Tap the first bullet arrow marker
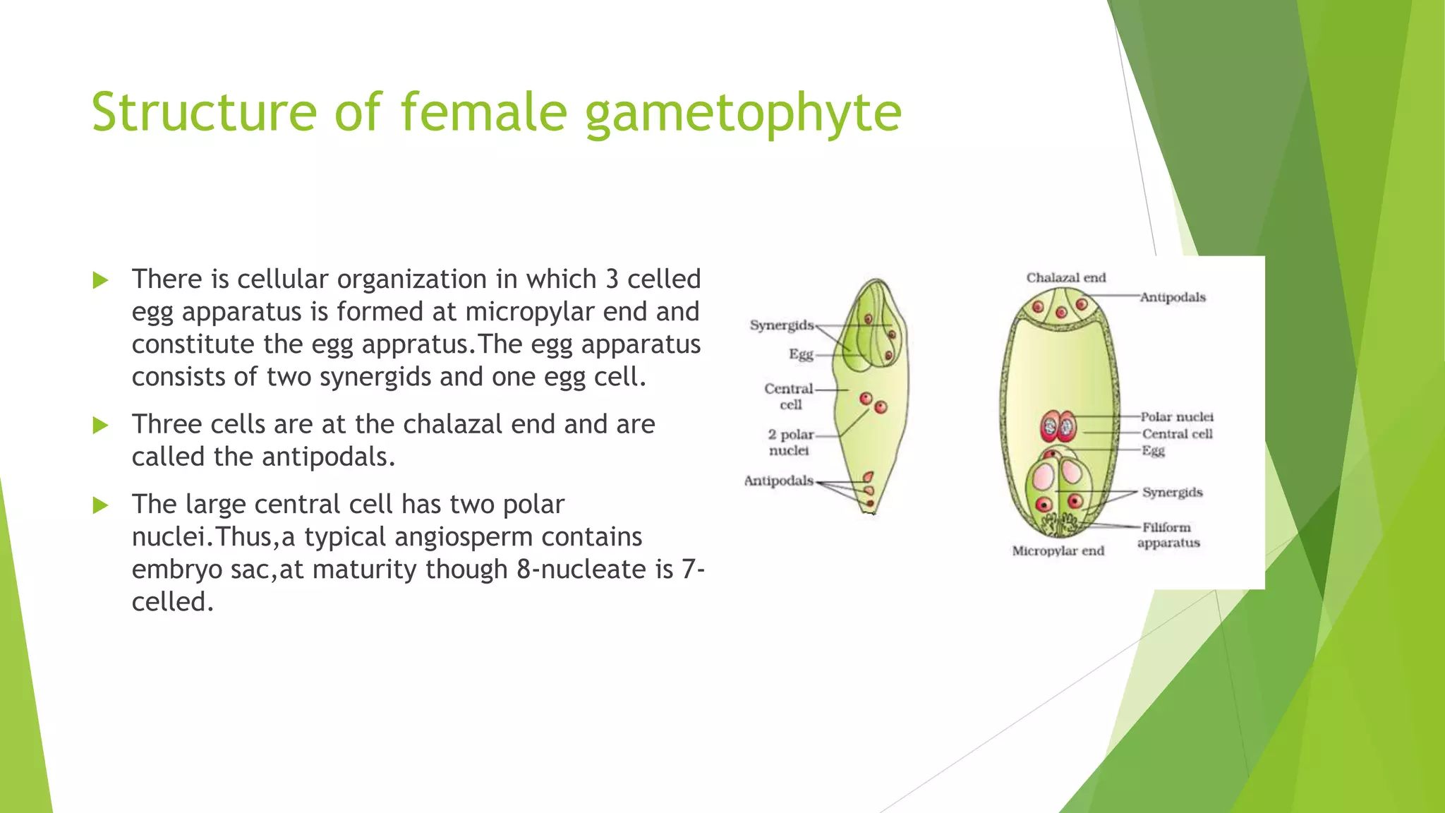pyautogui.click(x=100, y=280)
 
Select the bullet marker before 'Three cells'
pyautogui.click(x=100, y=426)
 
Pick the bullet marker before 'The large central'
pyautogui.click(x=100, y=505)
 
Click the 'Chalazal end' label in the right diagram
pyautogui.click(x=1065, y=277)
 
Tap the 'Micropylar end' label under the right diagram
pyautogui.click(x=1058, y=550)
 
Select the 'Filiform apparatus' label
pyautogui.click(x=1168, y=535)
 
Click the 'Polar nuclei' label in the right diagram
pyautogui.click(x=1177, y=417)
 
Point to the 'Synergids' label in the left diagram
pyautogui.click(x=781, y=325)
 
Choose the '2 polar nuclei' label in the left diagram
pyautogui.click(x=790, y=442)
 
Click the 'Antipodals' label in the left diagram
pyautogui.click(x=778, y=481)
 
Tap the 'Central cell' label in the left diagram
pyautogui.click(x=789, y=396)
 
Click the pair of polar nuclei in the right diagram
pyautogui.click(x=1058, y=426)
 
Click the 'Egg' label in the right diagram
pyautogui.click(x=1153, y=450)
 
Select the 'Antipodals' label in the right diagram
pyautogui.click(x=1173, y=297)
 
